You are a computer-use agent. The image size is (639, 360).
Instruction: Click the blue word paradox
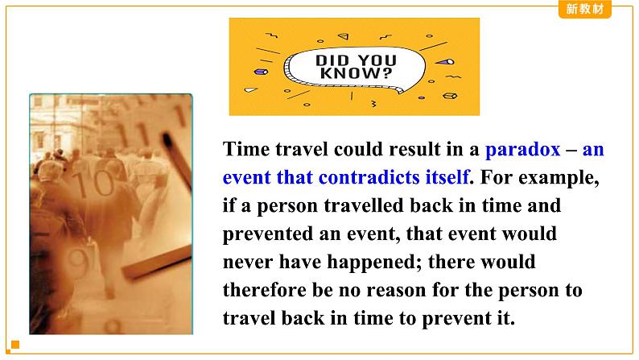pyautogui.click(x=522, y=150)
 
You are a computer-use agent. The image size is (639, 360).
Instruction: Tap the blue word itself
pyautogui.click(x=447, y=177)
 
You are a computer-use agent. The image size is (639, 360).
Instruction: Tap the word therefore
pyautogui.click(x=265, y=290)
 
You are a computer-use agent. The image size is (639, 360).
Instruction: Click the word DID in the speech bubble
pyautogui.click(x=332, y=60)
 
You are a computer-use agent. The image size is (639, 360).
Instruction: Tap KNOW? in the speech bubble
pyautogui.click(x=357, y=73)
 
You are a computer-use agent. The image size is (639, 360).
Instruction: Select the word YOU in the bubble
pyautogui.click(x=377, y=60)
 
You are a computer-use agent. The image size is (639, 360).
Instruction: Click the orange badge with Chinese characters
pyautogui.click(x=585, y=9)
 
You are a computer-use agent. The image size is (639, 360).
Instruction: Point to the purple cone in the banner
pyautogui.click(x=444, y=62)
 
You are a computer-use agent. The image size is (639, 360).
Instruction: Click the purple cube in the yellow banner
pyautogui.click(x=261, y=72)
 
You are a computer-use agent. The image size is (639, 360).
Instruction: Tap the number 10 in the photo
pyautogui.click(x=94, y=184)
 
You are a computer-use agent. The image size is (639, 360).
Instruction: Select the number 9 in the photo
pyautogui.click(x=77, y=263)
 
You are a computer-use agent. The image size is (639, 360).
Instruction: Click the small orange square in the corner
pyautogui.click(x=15, y=345)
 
